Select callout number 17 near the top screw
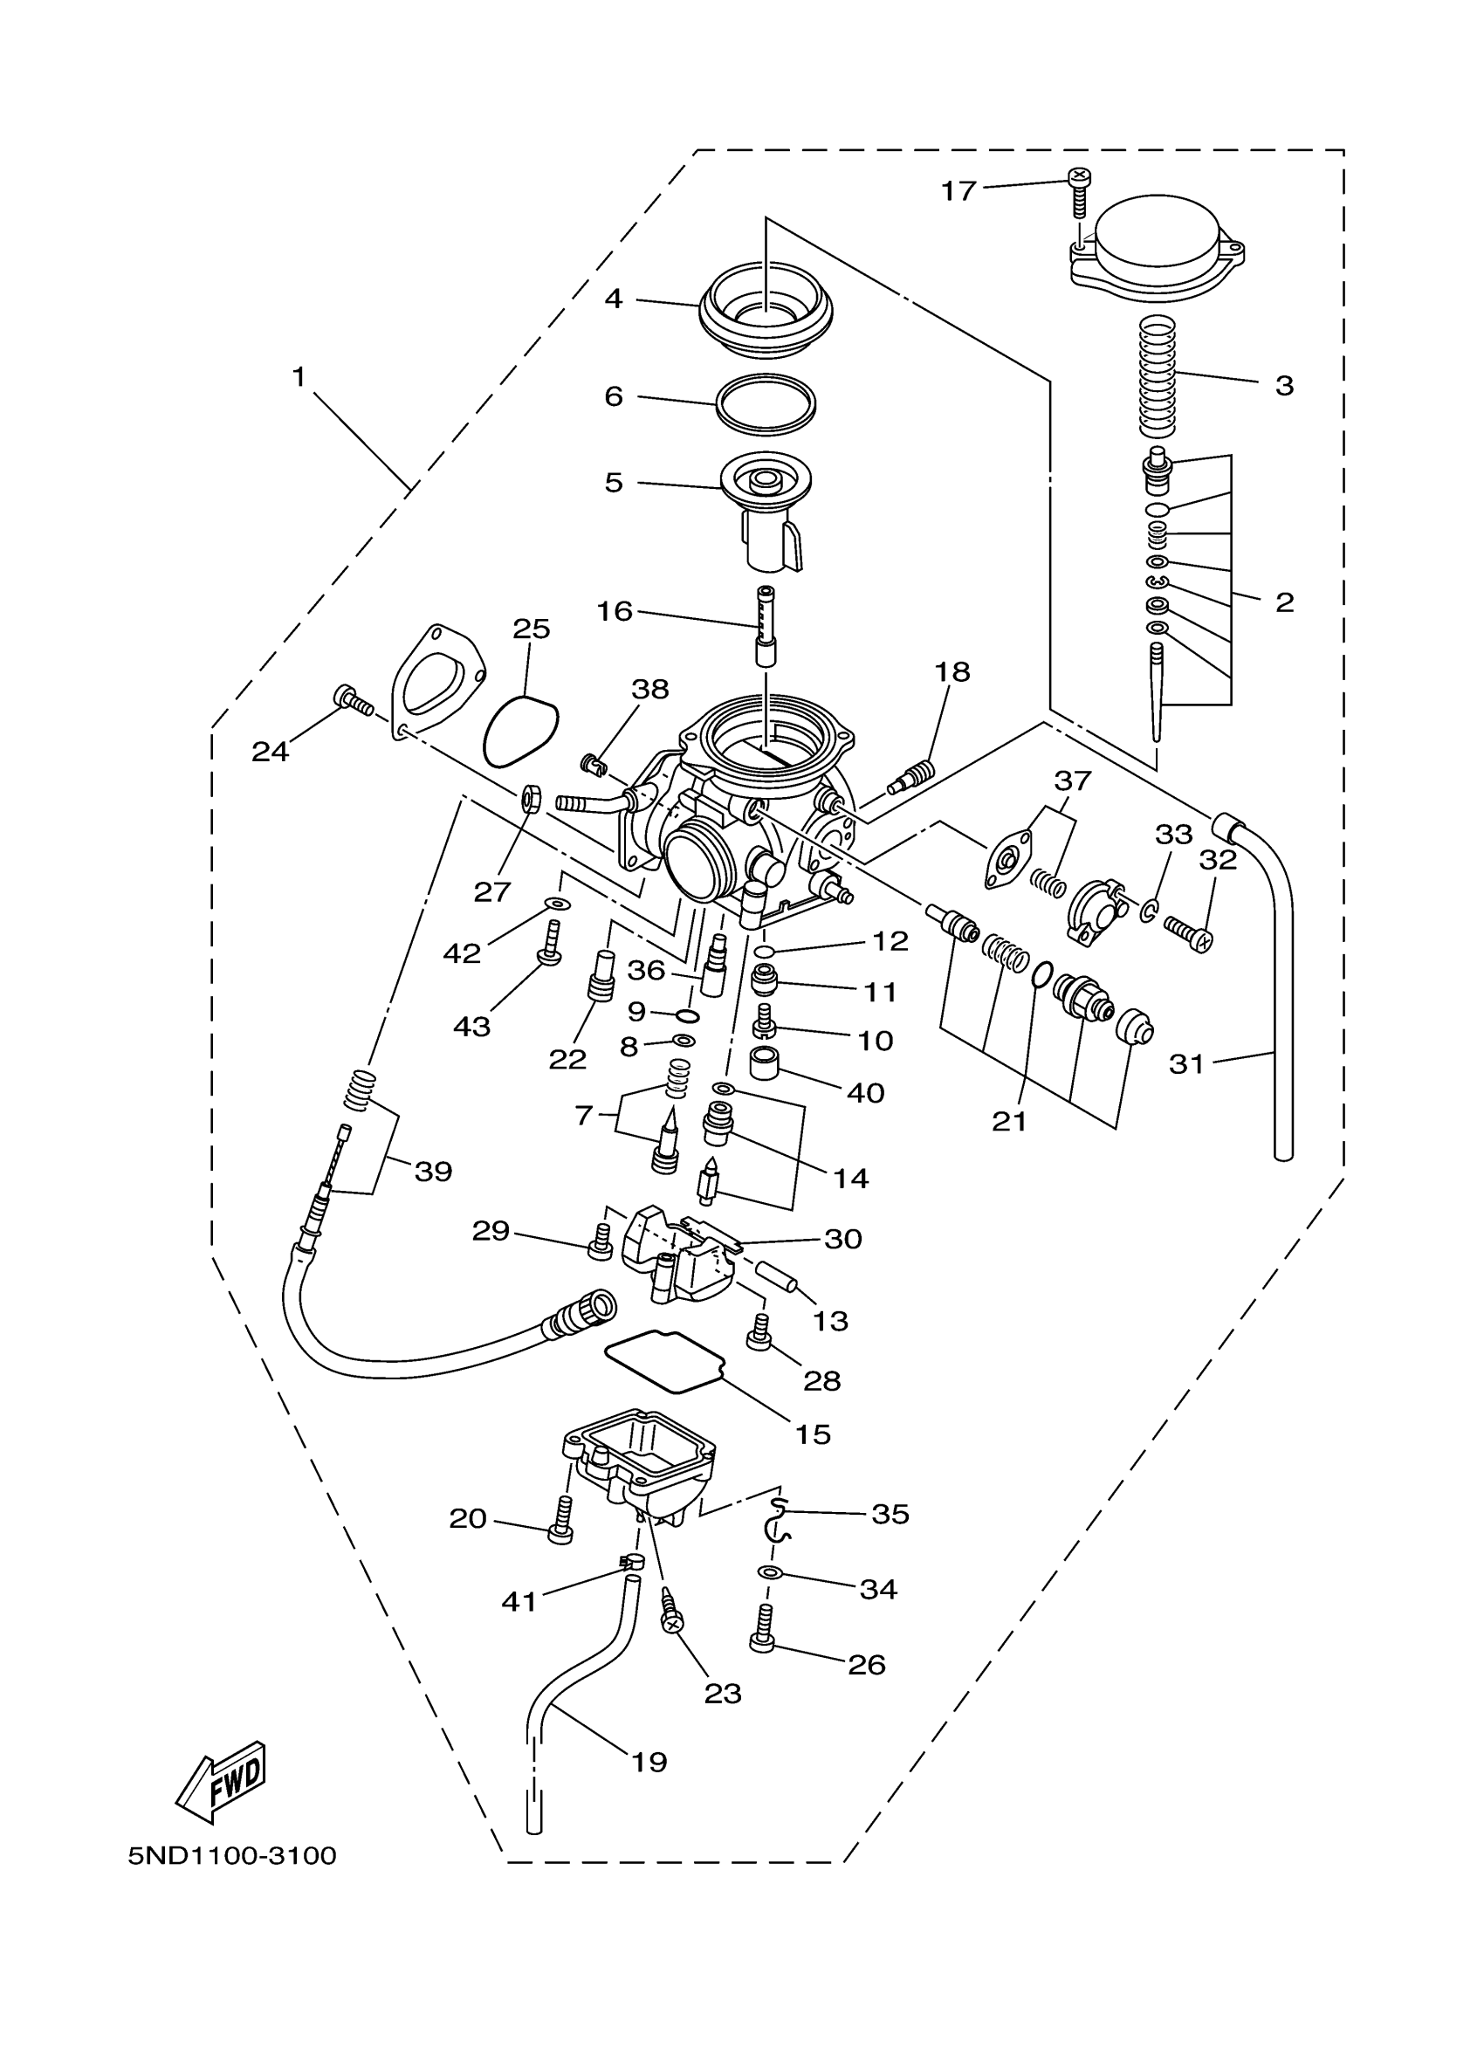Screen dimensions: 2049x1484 click(x=958, y=190)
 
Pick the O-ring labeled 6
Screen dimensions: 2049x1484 click(x=766, y=403)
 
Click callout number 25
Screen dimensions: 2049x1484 click(x=531, y=629)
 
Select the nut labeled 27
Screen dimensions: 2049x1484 click(x=530, y=799)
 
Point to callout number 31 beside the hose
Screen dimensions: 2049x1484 click(x=1187, y=1064)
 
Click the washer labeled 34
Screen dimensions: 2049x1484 click(x=769, y=1573)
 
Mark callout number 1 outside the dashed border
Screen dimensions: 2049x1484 click(x=299, y=377)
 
